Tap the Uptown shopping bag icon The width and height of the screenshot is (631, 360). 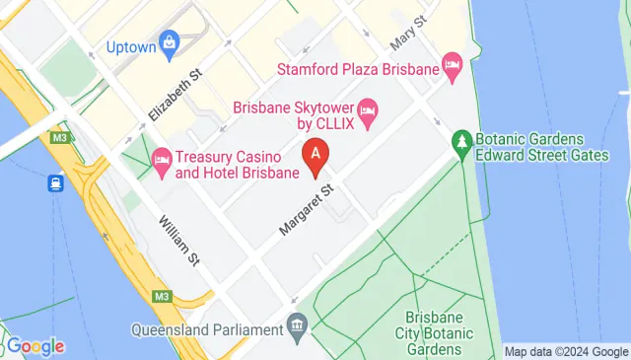pyautogui.click(x=170, y=41)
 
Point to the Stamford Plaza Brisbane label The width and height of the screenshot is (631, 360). pyautogui.click(x=357, y=70)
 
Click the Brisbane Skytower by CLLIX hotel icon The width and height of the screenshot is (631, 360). pyautogui.click(x=367, y=108)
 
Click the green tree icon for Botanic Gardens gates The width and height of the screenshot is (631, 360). pyautogui.click(x=461, y=140)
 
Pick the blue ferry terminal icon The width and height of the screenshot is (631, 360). pyautogui.click(x=54, y=182)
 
